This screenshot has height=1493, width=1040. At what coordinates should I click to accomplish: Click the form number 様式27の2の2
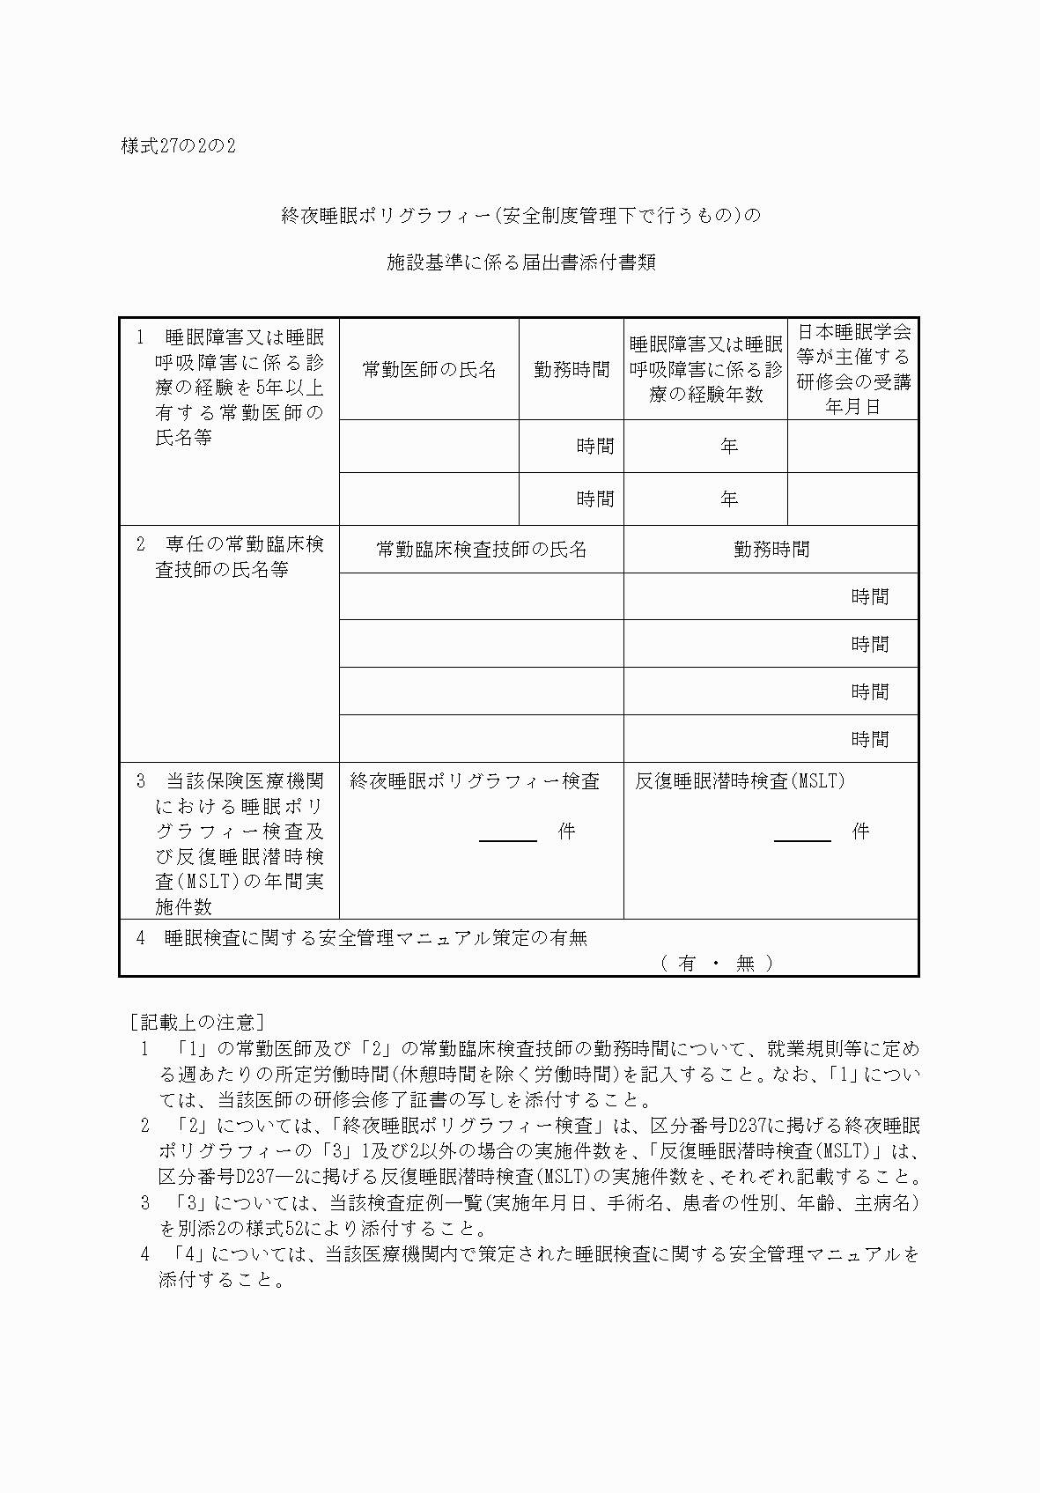click(x=178, y=146)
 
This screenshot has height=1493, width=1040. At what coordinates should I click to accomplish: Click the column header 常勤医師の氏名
click(x=429, y=370)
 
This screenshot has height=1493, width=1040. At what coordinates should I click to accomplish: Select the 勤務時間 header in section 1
click(x=572, y=370)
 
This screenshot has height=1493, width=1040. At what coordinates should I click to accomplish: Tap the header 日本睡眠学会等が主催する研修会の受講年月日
click(x=852, y=369)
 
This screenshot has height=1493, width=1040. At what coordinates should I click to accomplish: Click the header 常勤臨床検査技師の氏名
click(x=481, y=550)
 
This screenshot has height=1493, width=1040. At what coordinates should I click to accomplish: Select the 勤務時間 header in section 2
click(x=771, y=550)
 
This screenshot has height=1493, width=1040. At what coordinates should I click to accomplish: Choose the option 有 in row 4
click(x=687, y=964)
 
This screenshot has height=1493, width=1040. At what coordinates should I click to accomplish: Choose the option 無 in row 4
click(x=745, y=964)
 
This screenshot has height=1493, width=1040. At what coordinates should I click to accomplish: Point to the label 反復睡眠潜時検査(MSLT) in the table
click(x=740, y=781)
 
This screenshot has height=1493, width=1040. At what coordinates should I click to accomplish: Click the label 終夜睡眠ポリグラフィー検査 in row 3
click(x=475, y=781)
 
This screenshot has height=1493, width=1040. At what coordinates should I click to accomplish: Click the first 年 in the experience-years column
click(x=728, y=447)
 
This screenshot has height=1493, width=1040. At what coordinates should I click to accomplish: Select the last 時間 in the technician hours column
click(x=869, y=740)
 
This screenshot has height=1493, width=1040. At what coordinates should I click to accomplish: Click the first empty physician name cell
click(x=429, y=446)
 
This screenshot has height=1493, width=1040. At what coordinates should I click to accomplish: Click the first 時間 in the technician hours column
click(x=869, y=597)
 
